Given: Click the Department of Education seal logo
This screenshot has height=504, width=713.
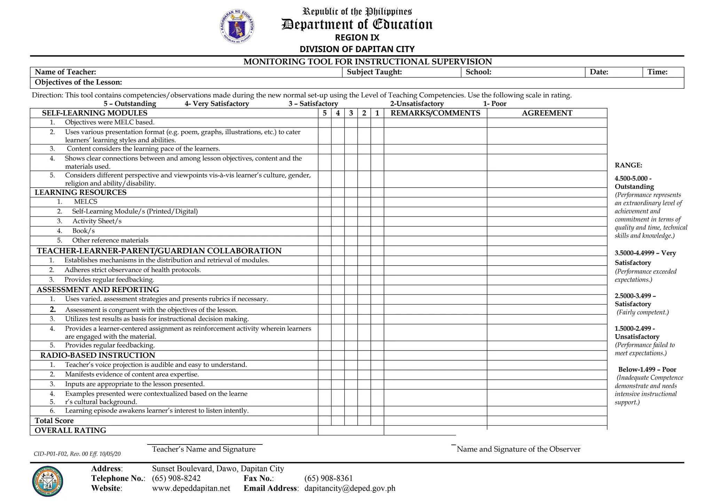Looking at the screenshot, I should coord(237,27).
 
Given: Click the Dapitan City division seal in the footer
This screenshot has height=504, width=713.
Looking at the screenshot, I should coord(47,481).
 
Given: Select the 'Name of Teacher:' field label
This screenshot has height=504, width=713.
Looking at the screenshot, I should coord(65,72).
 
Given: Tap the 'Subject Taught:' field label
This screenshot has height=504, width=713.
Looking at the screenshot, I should coord(374,72).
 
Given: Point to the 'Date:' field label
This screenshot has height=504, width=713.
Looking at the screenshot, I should coord(599,72).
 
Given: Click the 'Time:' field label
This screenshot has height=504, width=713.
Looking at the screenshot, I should coord(657,72).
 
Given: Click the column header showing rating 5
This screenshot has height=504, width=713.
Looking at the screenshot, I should coord(324,113).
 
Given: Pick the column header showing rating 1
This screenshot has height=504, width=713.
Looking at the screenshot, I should coord(377,113).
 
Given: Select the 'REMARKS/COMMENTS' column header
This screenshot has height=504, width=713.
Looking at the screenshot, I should coord(435,113).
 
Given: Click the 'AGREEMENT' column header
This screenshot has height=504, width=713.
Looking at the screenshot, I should coord(547,113).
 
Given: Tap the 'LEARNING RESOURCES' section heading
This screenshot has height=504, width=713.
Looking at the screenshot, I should coord(80,192).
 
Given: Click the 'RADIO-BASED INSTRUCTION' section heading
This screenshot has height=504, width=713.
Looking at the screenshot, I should coord(97,355).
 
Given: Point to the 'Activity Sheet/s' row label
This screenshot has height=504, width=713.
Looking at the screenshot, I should coord(97,221).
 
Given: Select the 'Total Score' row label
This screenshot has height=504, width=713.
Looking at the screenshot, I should coord(54,421).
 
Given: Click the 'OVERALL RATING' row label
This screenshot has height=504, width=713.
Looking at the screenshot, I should coord(70,431).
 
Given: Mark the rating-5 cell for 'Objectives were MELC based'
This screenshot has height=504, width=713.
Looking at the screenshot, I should coord(324,123).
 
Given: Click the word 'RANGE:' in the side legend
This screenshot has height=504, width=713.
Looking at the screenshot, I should coord(628,165).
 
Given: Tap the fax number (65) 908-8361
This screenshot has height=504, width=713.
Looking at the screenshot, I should coord(328,478).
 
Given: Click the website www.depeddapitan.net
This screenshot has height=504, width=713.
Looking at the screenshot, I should coord(191,488).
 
